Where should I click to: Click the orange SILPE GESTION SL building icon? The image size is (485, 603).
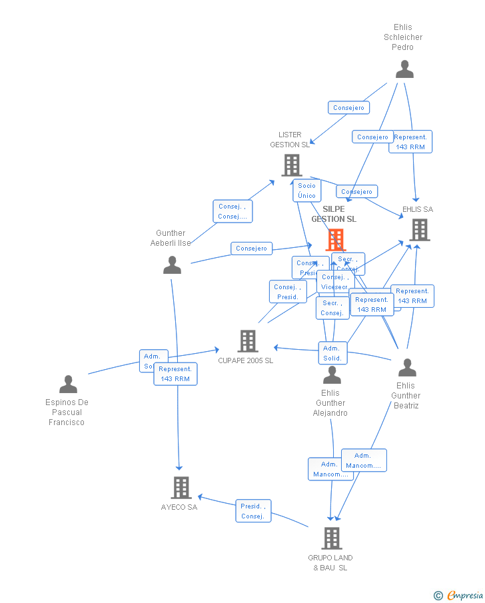[x=335, y=239]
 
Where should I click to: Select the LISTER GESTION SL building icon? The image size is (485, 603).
[x=291, y=165]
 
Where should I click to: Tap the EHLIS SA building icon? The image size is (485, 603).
[x=419, y=229]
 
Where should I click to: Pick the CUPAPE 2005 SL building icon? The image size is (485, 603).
[x=248, y=341]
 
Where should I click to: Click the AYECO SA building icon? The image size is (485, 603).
[x=181, y=488]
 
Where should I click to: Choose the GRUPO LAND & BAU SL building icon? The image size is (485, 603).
[x=332, y=538]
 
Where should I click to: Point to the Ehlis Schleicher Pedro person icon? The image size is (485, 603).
[x=404, y=69]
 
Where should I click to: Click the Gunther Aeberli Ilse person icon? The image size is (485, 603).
[x=172, y=265]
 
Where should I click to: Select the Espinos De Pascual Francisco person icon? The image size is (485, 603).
[x=68, y=384]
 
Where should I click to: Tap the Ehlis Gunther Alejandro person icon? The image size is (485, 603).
[x=332, y=376]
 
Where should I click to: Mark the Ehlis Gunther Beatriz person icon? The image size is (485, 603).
[x=406, y=368]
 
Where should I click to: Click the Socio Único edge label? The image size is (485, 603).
[x=306, y=191]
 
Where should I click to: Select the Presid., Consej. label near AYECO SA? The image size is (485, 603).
[x=253, y=511]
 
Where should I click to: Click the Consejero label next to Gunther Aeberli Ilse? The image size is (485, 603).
[x=252, y=249]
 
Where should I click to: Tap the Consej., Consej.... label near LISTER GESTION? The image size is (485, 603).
[x=233, y=211]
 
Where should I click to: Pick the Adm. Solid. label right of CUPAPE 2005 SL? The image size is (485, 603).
[x=332, y=353]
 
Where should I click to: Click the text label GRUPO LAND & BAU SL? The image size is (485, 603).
[x=330, y=562]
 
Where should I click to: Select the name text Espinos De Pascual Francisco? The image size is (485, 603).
[x=67, y=412]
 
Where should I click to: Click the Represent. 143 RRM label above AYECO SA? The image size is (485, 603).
[x=175, y=374]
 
